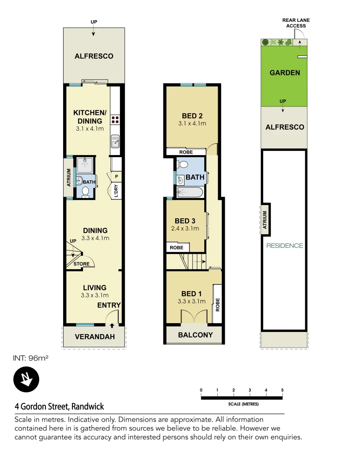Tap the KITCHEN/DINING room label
tap(90, 117)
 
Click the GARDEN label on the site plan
tap(285, 72)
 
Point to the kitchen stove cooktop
tap(115, 120)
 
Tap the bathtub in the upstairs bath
tap(190, 193)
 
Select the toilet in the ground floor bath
tap(85, 192)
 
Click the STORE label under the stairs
tap(81, 264)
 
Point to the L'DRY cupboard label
tap(116, 191)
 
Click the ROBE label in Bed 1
tap(218, 305)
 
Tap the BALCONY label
tap(195, 335)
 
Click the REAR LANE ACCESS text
tap(296, 23)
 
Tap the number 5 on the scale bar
tap(282, 390)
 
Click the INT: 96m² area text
tap(32, 358)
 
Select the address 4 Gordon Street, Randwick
tap(59, 407)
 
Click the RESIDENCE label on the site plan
tap(285, 246)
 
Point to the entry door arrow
tap(112, 325)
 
